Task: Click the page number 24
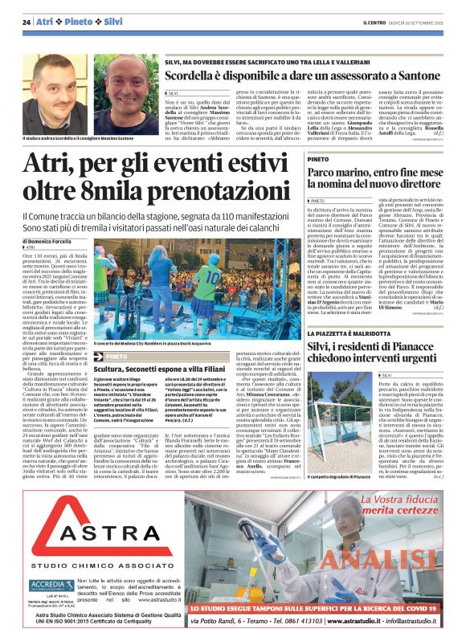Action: click(x=27, y=22)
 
